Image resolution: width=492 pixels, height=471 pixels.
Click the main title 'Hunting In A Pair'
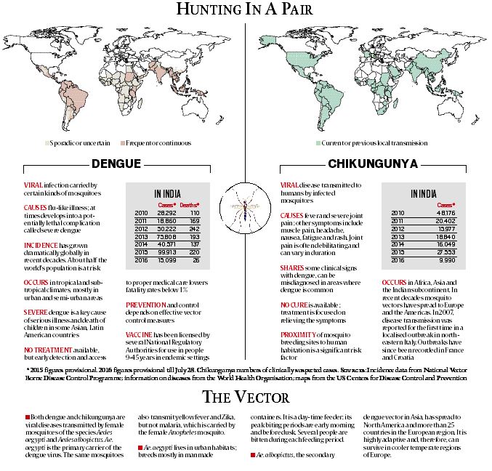click(245, 10)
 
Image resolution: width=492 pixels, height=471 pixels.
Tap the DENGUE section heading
click(121, 164)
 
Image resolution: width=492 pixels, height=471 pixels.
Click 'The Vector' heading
click(245, 397)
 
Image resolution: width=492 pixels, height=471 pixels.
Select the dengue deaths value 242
click(194, 228)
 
